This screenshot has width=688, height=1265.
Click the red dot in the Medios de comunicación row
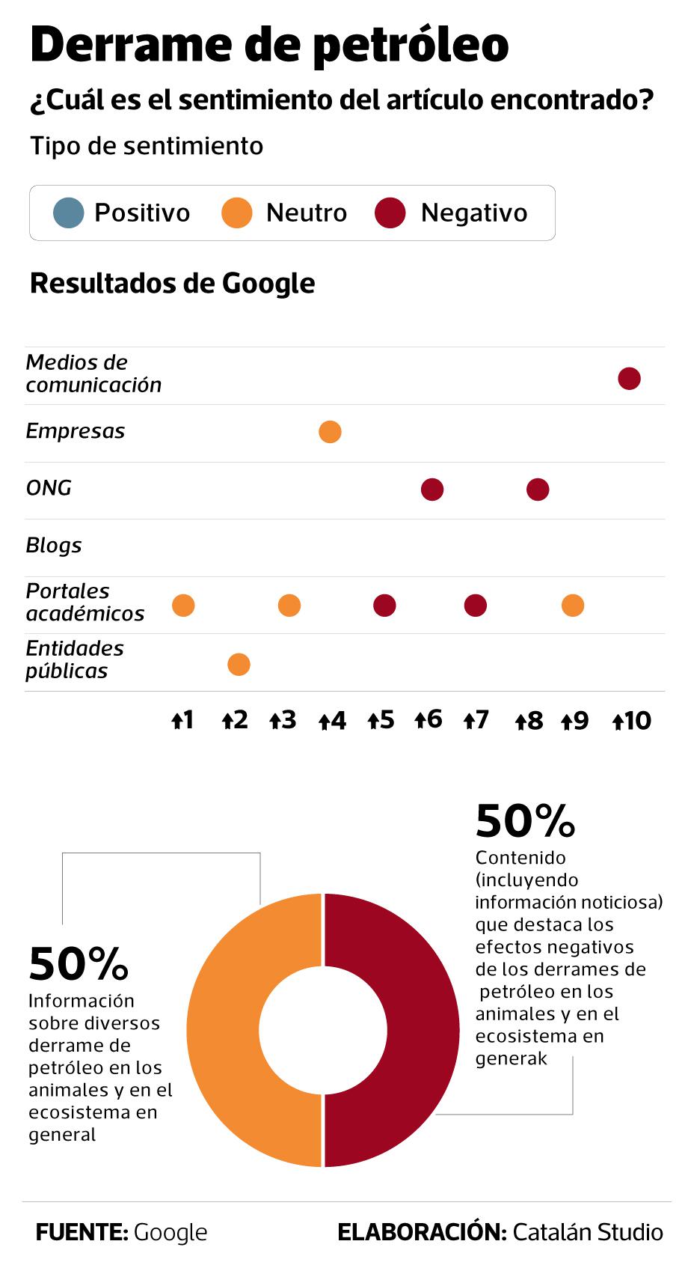click(629, 379)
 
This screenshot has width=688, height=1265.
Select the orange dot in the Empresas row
click(330, 432)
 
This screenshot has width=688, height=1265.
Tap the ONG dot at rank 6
click(432, 490)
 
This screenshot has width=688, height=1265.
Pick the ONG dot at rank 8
click(538, 490)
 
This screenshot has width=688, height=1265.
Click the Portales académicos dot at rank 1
click(183, 606)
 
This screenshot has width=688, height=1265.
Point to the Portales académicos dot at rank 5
click(384, 606)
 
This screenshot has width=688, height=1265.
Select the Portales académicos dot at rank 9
click(573, 606)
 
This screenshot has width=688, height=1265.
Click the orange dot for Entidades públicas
click(239, 664)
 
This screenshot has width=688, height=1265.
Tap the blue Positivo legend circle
click(68, 213)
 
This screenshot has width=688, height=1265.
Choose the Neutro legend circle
click(237, 213)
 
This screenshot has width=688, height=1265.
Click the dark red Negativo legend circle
click(390, 213)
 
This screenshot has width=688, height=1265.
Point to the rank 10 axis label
click(632, 721)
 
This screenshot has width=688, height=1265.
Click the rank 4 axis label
click(332, 721)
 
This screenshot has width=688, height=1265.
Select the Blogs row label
click(54, 546)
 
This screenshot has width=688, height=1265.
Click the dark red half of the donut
click(423, 1030)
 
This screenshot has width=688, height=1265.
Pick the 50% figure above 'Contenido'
click(525, 821)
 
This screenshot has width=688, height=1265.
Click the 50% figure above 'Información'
click(79, 964)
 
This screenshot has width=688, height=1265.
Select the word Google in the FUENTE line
click(170, 1232)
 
